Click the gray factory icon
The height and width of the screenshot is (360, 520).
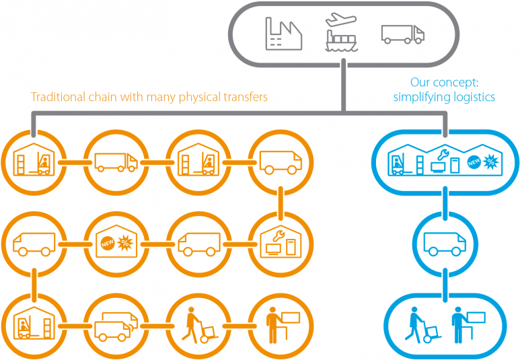coord(283,34)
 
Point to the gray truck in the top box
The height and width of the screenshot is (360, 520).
coord(402,34)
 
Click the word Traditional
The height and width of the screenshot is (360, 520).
coord(58,97)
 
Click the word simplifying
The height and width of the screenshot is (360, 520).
coord(420,97)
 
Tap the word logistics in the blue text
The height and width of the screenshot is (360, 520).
coord(474,97)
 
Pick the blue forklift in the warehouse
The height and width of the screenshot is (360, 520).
coord(400,164)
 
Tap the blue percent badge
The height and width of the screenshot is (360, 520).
coord(492,161)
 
